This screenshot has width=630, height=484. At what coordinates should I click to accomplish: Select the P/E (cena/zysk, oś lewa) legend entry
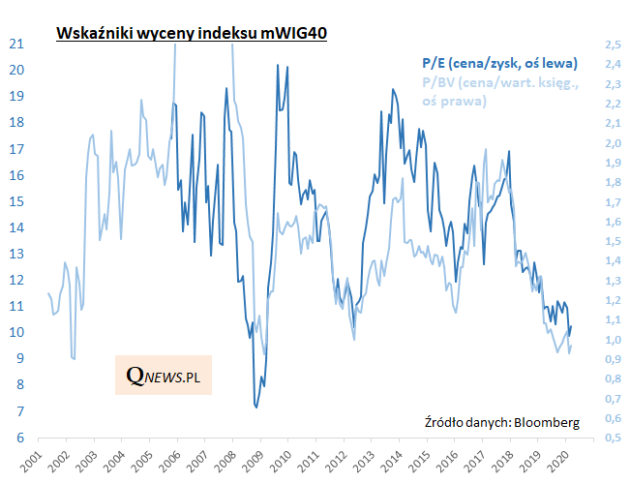[500, 63]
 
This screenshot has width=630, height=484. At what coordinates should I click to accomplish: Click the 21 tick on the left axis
[16, 44]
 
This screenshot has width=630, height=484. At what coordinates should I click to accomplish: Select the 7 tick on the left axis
[20, 411]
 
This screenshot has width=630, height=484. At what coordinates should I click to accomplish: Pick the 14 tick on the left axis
[16, 227]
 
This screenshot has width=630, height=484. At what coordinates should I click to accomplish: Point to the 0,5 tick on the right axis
[612, 438]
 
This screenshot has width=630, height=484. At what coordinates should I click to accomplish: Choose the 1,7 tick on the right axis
[612, 202]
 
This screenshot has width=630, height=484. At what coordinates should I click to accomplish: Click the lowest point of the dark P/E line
[256, 408]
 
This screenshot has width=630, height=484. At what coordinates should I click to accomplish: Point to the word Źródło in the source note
[445, 422]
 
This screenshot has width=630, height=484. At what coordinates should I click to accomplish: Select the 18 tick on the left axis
[16, 122]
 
